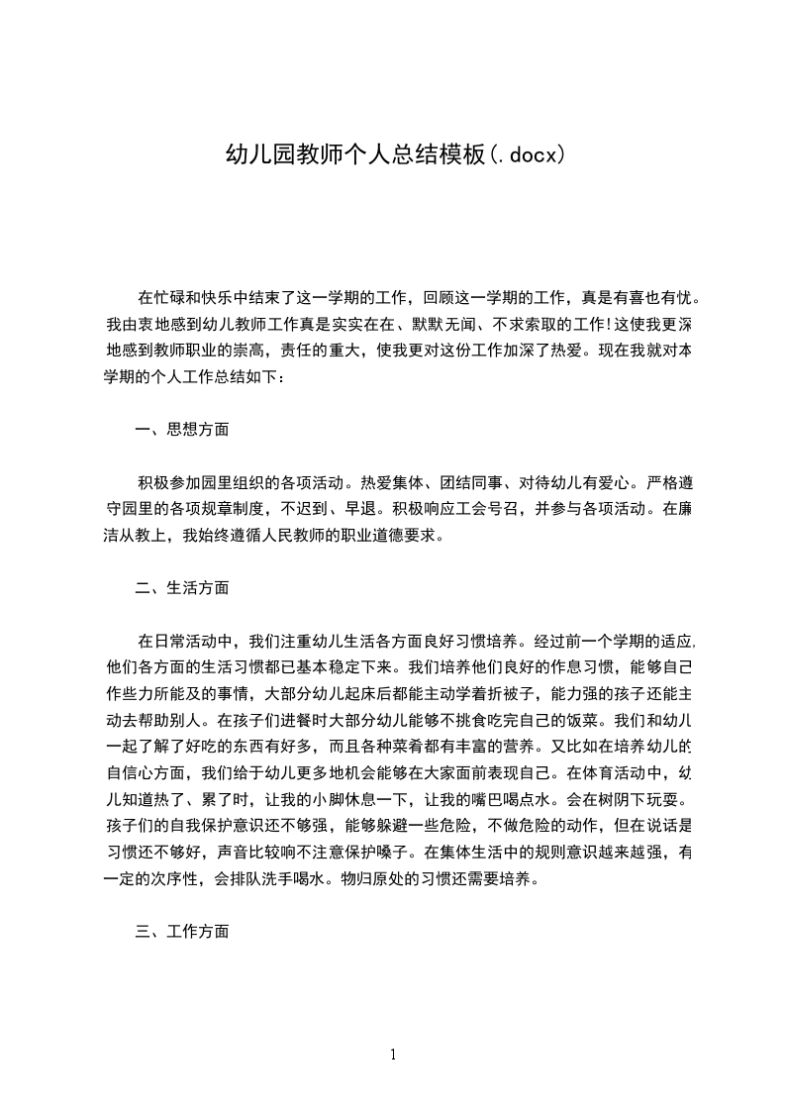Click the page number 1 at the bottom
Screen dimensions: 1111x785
394,1055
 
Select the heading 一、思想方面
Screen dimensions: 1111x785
182,430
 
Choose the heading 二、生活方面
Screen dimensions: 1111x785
182,588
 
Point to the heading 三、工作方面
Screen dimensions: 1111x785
182,932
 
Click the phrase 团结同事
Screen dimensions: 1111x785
471,484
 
